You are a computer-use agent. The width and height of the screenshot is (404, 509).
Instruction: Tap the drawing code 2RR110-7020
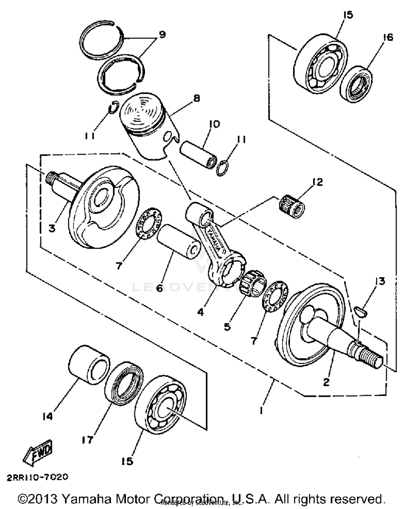point(37,477)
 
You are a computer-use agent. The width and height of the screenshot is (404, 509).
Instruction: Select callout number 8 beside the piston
point(197,98)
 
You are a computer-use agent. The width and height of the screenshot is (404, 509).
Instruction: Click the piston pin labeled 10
point(198,155)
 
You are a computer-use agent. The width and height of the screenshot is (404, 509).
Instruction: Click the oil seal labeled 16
point(356,84)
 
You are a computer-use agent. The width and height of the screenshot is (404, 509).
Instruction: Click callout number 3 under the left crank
point(52,228)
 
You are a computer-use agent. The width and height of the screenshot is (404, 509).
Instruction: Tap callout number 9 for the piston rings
point(162,34)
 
